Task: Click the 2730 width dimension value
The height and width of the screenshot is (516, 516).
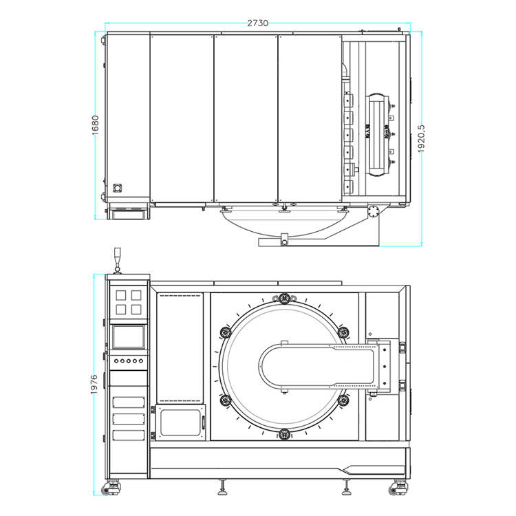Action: click(258, 23)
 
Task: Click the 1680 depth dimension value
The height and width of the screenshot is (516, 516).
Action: click(95, 125)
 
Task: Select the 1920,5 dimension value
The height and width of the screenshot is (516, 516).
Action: click(421, 138)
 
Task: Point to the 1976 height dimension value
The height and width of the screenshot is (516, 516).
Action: click(94, 384)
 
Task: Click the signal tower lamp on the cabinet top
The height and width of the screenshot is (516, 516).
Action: click(117, 260)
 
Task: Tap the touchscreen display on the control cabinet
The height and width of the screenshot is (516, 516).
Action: click(129, 336)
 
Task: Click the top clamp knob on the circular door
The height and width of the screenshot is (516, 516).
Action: click(284, 299)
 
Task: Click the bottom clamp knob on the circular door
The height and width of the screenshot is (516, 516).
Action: click(284, 434)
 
